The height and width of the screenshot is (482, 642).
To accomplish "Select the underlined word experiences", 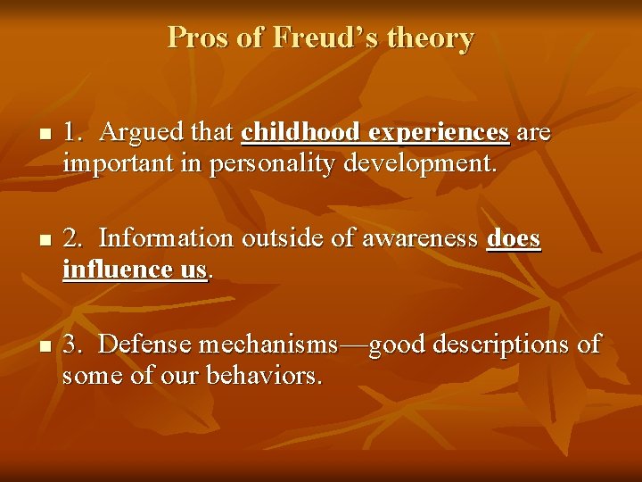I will click(x=439, y=132).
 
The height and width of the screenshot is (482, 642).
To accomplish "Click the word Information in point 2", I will click(x=166, y=238).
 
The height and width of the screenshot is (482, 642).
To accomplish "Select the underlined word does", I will click(x=514, y=238).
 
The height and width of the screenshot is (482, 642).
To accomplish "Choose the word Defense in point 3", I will click(x=145, y=345).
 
